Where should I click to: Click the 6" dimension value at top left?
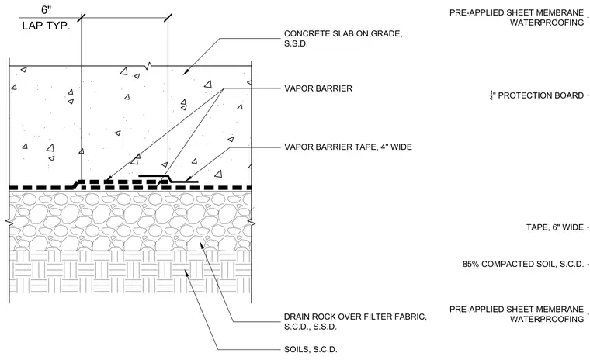click(x=47, y=9)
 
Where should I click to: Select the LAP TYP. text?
click(x=47, y=26)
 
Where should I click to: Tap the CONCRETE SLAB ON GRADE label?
click(x=343, y=38)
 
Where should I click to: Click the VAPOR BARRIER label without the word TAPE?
click(x=318, y=88)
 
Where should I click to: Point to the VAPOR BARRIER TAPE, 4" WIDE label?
click(x=348, y=147)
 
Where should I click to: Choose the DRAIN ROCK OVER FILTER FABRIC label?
click(x=356, y=322)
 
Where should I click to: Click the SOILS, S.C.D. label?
click(x=311, y=349)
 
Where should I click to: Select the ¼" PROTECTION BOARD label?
click(x=536, y=95)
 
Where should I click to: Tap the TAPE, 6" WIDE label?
click(x=555, y=227)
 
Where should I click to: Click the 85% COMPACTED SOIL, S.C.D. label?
click(x=523, y=264)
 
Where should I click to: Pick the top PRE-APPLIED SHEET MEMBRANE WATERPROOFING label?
click(x=516, y=17)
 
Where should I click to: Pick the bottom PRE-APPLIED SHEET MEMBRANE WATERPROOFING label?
click(x=516, y=314)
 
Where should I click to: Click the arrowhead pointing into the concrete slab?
click(x=186, y=72)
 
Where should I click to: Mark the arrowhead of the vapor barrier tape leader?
click(x=189, y=178)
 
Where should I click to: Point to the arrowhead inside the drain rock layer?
click(x=201, y=245)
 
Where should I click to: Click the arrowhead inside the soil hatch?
click(x=186, y=274)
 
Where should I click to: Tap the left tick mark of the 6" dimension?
click(x=82, y=18)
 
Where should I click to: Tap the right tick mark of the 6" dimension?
click(x=168, y=18)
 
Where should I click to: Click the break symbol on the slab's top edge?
click(x=149, y=66)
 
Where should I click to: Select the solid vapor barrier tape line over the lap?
click(x=168, y=178)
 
